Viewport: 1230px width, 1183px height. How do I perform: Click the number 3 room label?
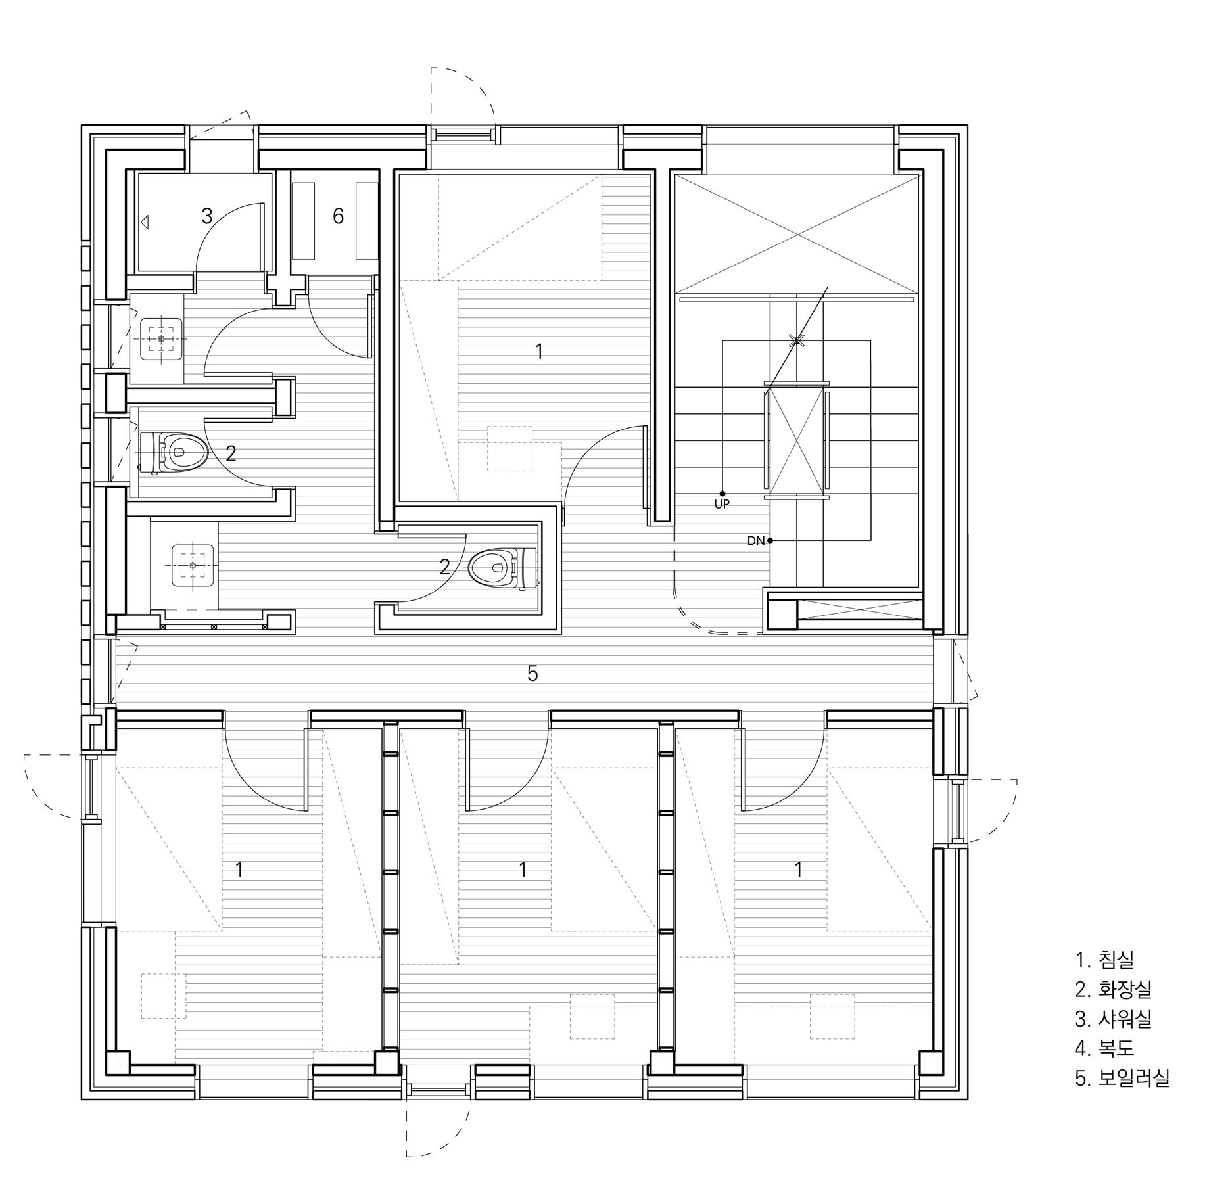206,216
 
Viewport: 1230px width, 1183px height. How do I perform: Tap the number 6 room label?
338,216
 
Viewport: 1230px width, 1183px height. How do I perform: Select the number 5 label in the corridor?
532,674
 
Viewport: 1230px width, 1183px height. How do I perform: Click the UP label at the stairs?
722,505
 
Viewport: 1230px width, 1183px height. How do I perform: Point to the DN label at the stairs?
755,541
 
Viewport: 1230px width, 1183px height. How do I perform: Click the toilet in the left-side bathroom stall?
174,452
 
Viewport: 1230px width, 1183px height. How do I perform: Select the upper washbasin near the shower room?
162,339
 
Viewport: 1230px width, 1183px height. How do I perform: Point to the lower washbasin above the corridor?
193,565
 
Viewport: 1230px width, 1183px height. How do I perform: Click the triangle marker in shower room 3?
145,223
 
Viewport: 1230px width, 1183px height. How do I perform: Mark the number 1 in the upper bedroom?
539,352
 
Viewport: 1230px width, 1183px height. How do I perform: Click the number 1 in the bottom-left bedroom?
239,870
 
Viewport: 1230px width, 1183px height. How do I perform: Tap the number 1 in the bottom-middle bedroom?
522,870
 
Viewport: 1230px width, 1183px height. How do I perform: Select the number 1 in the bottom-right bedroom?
798,870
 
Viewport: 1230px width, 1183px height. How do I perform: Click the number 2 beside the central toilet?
445,567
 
